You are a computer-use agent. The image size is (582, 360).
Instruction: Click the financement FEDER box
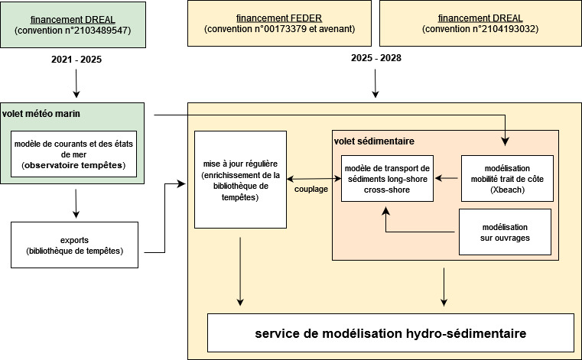pos(279,23)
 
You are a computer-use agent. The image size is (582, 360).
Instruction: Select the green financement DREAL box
pos(73,23)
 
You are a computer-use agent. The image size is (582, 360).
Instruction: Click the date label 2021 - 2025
pos(76,58)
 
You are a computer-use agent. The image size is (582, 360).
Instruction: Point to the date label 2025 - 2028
pos(376,58)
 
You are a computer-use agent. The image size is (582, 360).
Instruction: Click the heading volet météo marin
pos(41,114)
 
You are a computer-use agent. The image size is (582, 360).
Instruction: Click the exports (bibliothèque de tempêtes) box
pos(74,245)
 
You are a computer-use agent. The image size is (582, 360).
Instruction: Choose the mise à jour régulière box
pos(240,180)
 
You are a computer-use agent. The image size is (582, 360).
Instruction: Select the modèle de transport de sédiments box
pos(386,179)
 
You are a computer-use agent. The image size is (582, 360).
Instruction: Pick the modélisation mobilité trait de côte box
pos(506,179)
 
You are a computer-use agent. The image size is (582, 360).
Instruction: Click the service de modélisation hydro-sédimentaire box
pos(390,334)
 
